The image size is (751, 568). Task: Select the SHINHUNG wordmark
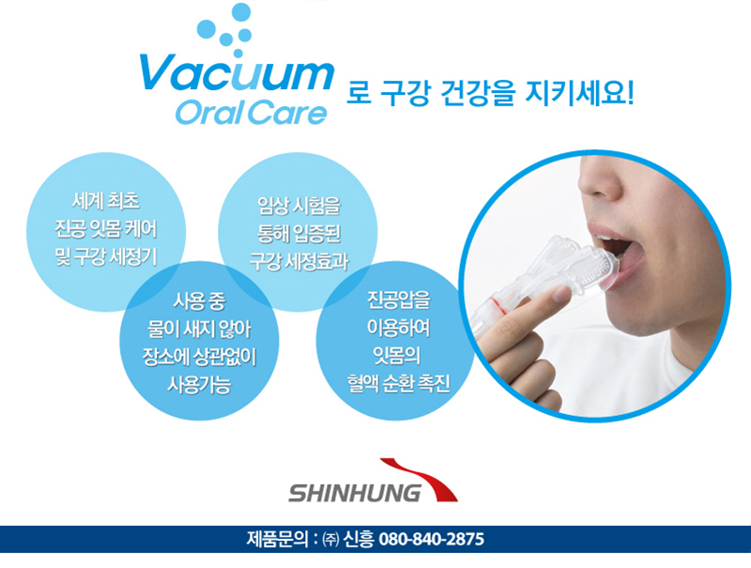coord(355,493)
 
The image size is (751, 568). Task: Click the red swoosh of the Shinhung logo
coord(421,479)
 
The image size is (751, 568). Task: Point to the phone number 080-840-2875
coord(431,539)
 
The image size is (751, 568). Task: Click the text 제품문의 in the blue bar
coord(278,539)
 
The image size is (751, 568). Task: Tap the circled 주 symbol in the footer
coord(331,540)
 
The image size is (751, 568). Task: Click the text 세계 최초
coord(106,201)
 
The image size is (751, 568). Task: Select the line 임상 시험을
coord(299,206)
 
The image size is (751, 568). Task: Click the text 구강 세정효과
coord(299,262)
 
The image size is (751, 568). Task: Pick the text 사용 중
coord(199,301)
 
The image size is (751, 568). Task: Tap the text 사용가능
coord(199,385)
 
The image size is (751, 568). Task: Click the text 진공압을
coord(398,299)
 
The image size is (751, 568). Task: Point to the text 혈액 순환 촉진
coord(398,383)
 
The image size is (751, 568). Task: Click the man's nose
coord(599,184)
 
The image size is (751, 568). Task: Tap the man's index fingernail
coord(561,294)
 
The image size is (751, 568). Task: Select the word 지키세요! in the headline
coord(579,93)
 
